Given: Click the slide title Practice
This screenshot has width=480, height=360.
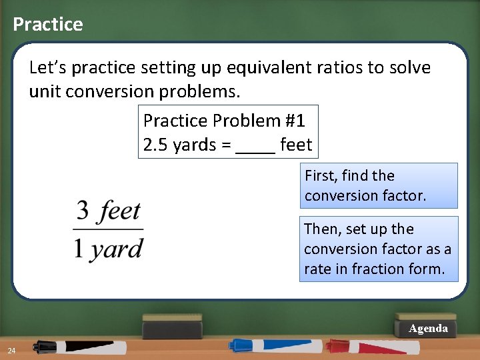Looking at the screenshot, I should pos(48,25).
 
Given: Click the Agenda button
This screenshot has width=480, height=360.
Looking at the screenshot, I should pos(428,329).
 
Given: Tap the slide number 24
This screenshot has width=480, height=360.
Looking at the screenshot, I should pos(12,351).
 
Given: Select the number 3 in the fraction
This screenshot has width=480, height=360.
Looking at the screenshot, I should pos(83,212).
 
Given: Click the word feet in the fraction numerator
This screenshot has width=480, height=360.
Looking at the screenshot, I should pos(120,212).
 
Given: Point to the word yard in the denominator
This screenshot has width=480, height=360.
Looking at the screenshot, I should pos(117,249).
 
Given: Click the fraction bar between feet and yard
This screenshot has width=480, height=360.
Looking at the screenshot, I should pos(108,230).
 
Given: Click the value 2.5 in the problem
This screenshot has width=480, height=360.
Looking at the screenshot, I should pos(155,145).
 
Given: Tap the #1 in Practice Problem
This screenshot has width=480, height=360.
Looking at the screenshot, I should pos(295,121).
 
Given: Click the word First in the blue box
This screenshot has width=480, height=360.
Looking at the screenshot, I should pos(319,176).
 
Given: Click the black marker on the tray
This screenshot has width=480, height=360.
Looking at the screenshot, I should pos(80,347).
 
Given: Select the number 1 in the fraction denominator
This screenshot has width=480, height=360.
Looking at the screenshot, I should pos(79,249).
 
